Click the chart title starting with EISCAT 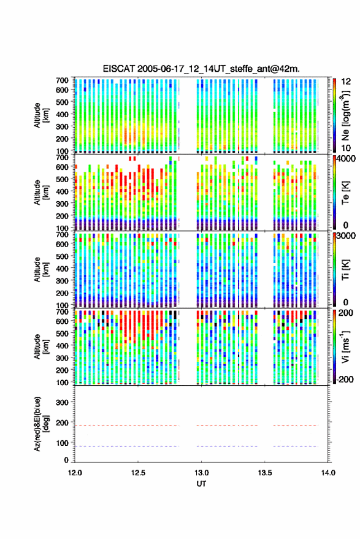point(201,69)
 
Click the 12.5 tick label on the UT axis point(138,473)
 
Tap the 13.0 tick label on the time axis point(201,473)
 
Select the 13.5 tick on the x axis point(265,473)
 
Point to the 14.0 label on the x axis point(328,473)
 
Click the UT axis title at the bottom point(201,484)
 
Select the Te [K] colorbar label point(345,193)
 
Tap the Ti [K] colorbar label point(345,270)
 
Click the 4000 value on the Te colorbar point(347,159)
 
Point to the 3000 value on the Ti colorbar point(347,236)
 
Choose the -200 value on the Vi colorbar point(345,379)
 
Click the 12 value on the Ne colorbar point(346,82)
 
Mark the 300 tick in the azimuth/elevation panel point(62,402)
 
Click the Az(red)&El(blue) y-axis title point(41,424)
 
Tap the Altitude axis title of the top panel point(41,115)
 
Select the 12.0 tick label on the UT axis point(75,473)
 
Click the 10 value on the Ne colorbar point(346,148)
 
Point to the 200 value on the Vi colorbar point(346,313)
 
